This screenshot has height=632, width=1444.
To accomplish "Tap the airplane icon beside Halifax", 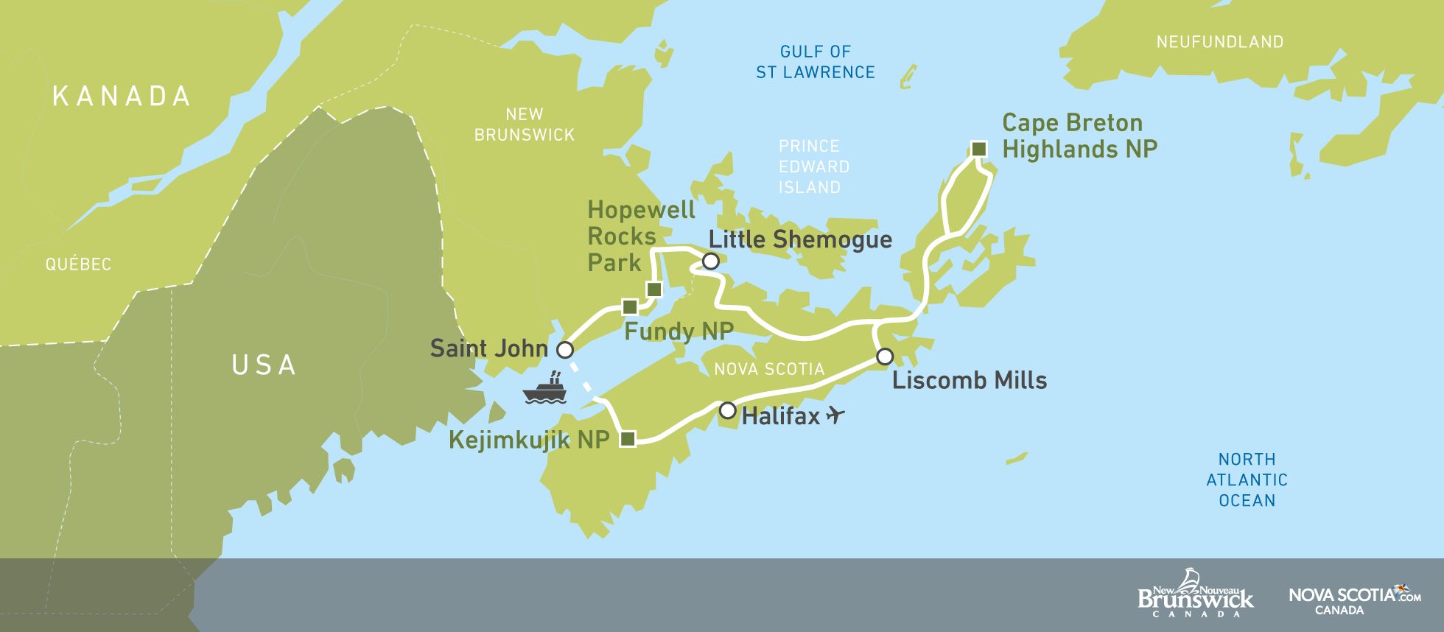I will click(x=835, y=415).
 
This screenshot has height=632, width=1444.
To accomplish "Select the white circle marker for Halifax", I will click(x=727, y=410).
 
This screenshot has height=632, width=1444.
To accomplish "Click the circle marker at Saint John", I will click(x=565, y=349).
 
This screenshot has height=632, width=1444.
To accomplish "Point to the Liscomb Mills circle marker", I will click(x=885, y=357).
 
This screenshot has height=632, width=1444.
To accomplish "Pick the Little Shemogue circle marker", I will click(x=710, y=261).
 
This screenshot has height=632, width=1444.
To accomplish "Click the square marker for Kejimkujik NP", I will click(x=628, y=439).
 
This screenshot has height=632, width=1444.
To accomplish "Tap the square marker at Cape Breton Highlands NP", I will click(x=978, y=149).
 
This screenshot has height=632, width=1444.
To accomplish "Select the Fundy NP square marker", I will click(x=629, y=306).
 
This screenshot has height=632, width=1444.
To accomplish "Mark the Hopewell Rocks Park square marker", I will click(x=653, y=289).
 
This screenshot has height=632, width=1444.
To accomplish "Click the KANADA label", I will click(x=122, y=96).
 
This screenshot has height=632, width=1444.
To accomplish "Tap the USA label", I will click(x=264, y=365).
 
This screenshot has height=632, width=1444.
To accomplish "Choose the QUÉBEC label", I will click(x=78, y=264).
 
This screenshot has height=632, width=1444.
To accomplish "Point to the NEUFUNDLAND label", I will click(x=1219, y=42).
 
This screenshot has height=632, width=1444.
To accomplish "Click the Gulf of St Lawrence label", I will click(x=815, y=62).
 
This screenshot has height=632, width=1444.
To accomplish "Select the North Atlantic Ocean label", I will click(x=1247, y=480).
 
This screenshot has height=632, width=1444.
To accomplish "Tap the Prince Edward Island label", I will click(x=813, y=166).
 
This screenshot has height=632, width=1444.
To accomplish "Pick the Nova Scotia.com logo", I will click(x=1354, y=599).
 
